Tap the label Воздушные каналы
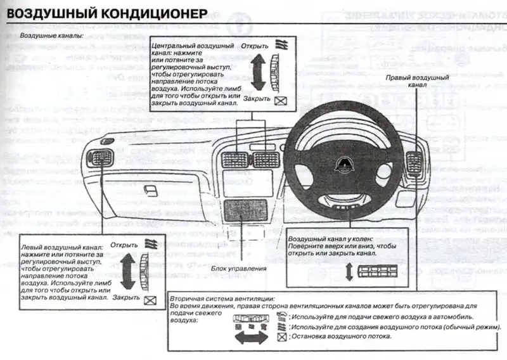point(51,35)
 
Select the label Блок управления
point(240,268)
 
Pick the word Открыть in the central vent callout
point(254,46)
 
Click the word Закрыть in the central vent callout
point(257,99)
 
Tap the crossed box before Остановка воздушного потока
point(283,337)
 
